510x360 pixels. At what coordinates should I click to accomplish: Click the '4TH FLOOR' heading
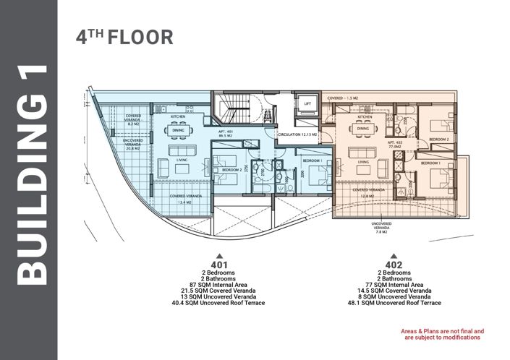[124, 38]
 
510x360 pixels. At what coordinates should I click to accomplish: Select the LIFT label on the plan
[307, 104]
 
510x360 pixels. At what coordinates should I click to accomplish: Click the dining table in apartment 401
[177, 131]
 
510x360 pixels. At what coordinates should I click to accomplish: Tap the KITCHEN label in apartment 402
[364, 117]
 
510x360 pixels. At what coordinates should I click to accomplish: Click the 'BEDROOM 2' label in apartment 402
[440, 138]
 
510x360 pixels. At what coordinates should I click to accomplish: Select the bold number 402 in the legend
[394, 265]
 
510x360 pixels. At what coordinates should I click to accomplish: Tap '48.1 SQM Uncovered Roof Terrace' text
[394, 304]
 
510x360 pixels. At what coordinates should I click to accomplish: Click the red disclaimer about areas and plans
[442, 334]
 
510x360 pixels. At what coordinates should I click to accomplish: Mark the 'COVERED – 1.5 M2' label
[345, 97]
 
